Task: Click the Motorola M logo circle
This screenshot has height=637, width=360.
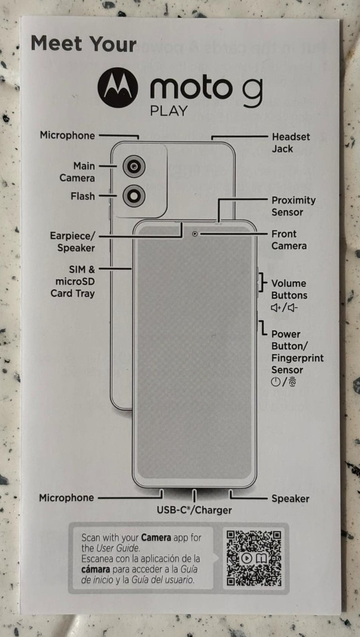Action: (118, 88)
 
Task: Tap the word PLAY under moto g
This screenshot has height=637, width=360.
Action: (169, 111)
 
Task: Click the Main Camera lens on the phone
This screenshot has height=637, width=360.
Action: (134, 166)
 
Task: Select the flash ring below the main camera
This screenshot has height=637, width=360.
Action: (134, 196)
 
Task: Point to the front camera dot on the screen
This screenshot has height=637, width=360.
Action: (195, 234)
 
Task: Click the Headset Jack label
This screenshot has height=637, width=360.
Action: (291, 143)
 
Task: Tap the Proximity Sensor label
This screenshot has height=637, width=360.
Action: (293, 206)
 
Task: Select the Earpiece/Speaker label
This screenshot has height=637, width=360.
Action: (73, 242)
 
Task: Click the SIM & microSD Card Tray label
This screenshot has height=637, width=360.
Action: (73, 281)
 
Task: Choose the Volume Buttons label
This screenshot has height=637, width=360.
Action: (289, 289)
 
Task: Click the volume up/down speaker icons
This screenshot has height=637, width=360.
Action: (284, 307)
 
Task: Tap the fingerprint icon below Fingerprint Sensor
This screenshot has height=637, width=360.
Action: (292, 382)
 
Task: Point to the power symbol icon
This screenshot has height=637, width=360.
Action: (276, 382)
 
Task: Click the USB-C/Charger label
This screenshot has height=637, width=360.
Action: (194, 510)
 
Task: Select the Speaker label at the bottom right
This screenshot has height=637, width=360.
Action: (290, 499)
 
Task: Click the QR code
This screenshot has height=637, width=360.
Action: (254, 558)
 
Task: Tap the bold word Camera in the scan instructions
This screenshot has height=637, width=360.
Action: (156, 537)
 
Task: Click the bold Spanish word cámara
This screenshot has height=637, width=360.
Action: (96, 569)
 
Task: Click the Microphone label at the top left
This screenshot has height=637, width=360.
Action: (67, 135)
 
